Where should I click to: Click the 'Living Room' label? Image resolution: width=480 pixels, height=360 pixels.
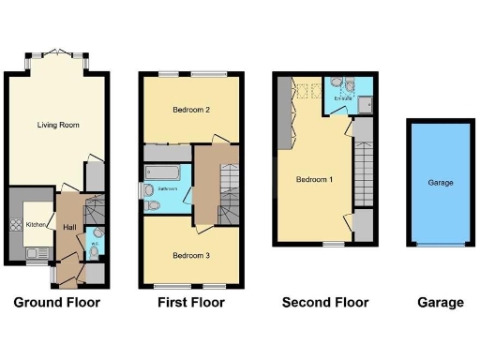pos(56,125)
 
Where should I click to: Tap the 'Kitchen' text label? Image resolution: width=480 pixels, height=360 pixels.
pos(35,224)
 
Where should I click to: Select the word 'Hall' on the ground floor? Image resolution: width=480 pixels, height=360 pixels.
pos(69,227)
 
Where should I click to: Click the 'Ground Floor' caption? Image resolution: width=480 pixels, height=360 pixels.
pos(56,303)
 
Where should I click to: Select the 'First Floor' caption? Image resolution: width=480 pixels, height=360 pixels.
pos(191,303)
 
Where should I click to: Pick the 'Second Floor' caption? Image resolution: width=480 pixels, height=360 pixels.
pos(325,303)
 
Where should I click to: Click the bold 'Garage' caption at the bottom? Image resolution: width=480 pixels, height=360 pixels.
pos(441,303)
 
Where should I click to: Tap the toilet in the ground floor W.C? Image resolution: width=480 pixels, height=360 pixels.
pos(98,234)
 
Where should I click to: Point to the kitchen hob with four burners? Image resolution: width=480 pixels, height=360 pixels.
pos(15,225)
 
